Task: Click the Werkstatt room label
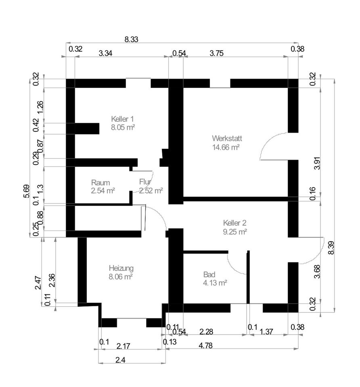pos(226,138)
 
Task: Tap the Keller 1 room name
pos(122,119)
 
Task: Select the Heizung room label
pos(121,268)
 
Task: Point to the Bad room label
pos(209,275)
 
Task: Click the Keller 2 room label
pos(234,223)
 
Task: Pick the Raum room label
pos(100,182)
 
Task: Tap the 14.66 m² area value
pos(226,147)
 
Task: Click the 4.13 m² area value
pos(215,283)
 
